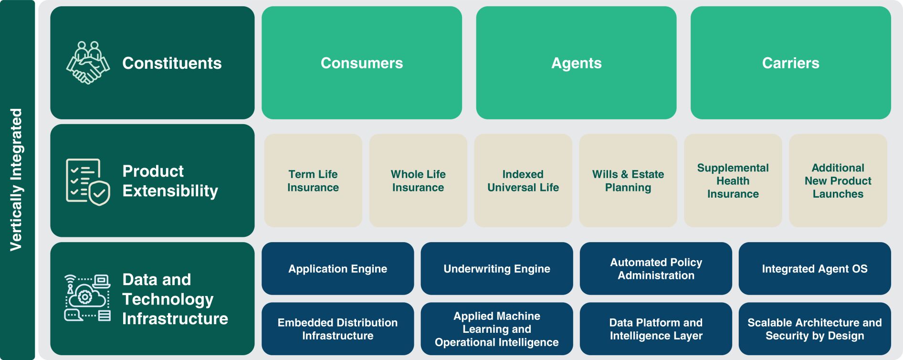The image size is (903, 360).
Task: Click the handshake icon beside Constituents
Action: point(88,63)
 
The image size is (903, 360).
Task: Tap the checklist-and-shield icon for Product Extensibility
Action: point(88,181)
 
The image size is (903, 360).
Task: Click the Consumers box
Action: point(362,63)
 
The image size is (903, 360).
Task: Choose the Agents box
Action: point(576,63)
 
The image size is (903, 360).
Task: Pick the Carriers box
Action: point(790,63)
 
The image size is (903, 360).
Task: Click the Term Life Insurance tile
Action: point(313,180)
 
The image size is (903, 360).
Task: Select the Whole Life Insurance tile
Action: point(418,180)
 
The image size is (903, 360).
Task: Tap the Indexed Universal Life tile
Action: point(523,180)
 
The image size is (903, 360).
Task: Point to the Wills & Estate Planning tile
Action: point(628,180)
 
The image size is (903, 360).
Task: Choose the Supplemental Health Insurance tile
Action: point(733,180)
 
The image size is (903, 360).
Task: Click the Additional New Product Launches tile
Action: point(838,180)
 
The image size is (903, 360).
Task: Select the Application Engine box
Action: point(338,268)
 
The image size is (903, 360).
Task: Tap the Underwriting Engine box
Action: point(497,268)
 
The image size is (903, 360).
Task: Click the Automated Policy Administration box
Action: point(656,268)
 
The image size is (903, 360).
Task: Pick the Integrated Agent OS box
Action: point(815,268)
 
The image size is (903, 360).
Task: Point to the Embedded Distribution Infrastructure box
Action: point(338,328)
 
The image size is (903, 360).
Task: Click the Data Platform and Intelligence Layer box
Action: point(656,328)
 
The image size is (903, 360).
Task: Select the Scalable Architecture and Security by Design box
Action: point(815,328)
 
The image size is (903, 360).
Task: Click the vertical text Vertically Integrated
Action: point(16,180)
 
